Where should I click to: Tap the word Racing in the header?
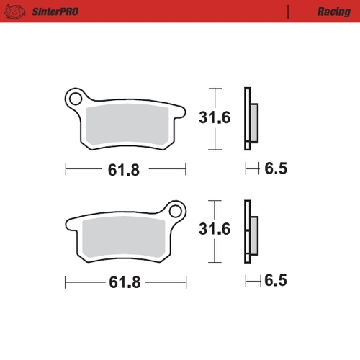point(333,12)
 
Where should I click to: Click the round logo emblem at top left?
point(17,12)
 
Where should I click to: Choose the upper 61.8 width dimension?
point(123,170)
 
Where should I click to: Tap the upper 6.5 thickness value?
point(276,170)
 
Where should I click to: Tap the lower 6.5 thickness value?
point(276,281)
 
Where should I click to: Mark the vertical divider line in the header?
point(288,12)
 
